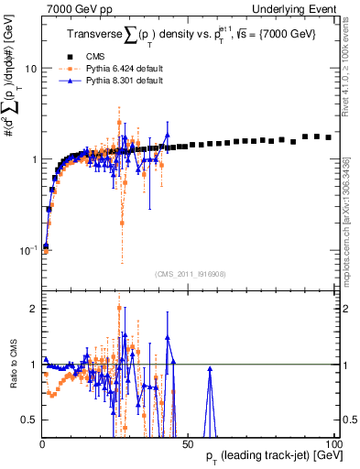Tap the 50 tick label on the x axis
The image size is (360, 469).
pyautogui.click(x=188, y=444)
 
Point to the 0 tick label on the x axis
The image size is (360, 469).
pyautogui.click(x=42, y=444)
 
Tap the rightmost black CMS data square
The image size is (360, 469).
pyautogui.click(x=329, y=136)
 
